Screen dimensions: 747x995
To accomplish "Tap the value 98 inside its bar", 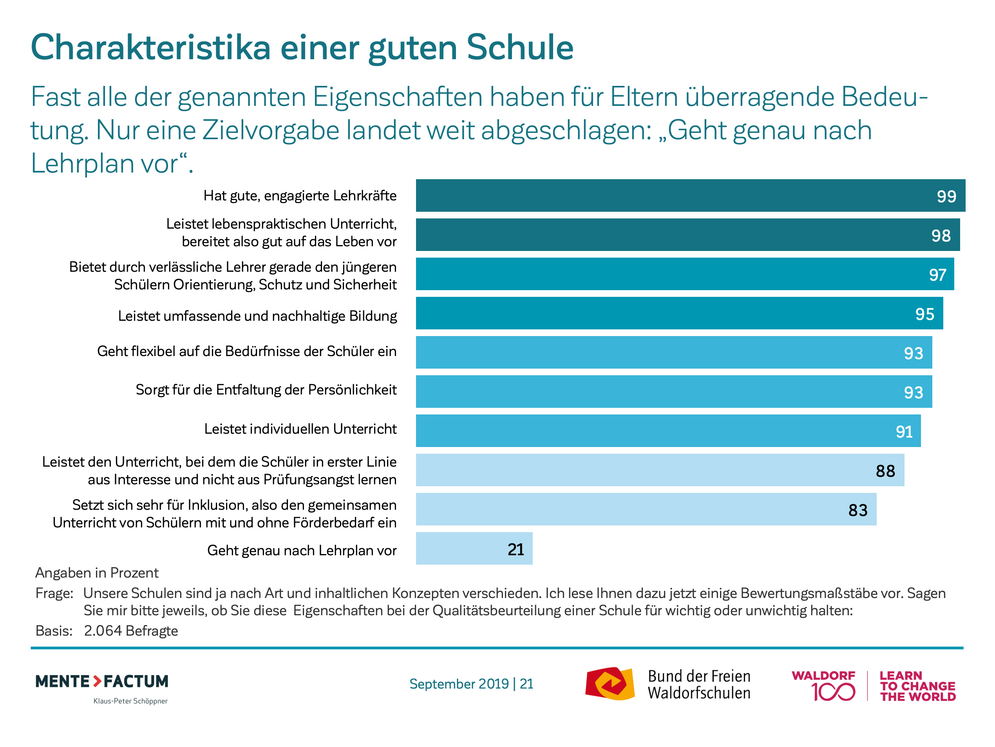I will (941, 236).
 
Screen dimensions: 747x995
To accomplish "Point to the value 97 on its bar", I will (937, 274).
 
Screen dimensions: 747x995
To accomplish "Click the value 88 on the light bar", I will (885, 471).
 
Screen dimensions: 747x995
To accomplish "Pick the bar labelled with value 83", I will (646, 509).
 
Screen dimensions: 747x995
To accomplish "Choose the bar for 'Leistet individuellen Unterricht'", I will (668, 431).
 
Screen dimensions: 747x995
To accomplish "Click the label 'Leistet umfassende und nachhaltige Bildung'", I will (257, 316).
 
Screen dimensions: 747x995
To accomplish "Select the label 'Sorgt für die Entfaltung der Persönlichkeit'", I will (266, 389).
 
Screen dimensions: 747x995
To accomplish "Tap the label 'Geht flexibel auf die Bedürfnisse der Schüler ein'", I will (246, 351).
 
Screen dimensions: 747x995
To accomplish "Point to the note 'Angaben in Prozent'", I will (97, 573).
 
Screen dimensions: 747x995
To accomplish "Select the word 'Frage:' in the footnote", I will (54, 593).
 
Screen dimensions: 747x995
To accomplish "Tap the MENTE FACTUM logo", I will (102, 681).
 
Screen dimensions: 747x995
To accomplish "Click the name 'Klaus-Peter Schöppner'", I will (130, 701).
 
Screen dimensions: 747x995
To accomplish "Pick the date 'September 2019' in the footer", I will (458, 684).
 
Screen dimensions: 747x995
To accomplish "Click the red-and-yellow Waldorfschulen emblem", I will (610, 683).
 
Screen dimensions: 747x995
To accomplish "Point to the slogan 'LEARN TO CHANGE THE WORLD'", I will (917, 686).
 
